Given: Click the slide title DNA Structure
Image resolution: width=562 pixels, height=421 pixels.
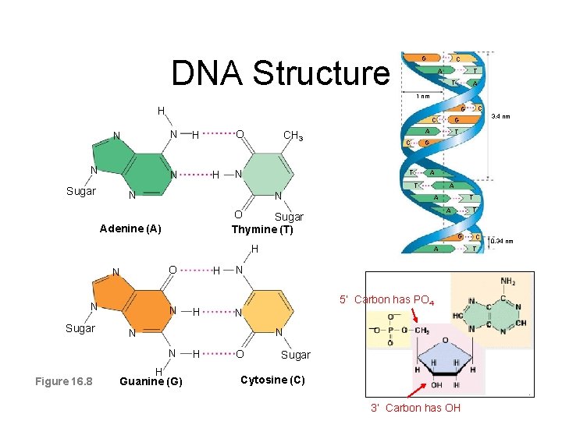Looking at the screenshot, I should pyautogui.click(x=280, y=73).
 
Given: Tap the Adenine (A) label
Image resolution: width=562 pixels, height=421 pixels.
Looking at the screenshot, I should pyautogui.click(x=130, y=228).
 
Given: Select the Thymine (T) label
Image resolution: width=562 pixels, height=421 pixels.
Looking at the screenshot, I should pyautogui.click(x=262, y=228).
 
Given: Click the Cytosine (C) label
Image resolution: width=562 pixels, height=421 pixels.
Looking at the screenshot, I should pyautogui.click(x=272, y=380).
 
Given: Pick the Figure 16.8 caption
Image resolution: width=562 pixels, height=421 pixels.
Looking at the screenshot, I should pyautogui.click(x=64, y=380).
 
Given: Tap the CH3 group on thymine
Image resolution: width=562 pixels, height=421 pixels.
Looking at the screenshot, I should pyautogui.click(x=293, y=136).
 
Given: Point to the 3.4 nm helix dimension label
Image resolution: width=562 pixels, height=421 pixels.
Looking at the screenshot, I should pyautogui.click(x=500, y=117).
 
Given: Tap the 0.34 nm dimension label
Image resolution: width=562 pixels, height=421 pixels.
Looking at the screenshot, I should pyautogui.click(x=501, y=241).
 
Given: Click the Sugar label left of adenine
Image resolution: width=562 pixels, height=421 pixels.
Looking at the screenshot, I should pyautogui.click(x=81, y=191).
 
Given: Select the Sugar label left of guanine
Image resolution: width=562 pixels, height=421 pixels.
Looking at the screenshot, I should pyautogui.click(x=81, y=328).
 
